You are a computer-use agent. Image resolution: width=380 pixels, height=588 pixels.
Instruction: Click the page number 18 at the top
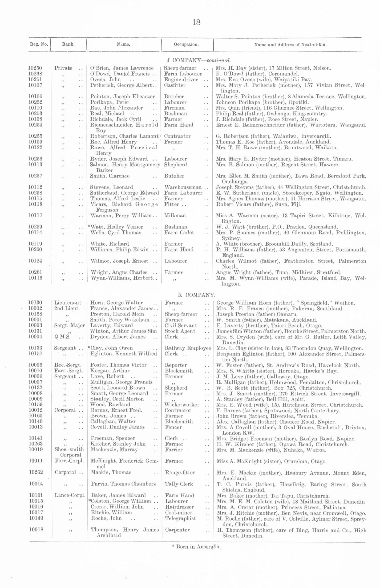[196, 22]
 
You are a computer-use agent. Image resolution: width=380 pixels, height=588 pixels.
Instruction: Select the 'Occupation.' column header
[186, 45]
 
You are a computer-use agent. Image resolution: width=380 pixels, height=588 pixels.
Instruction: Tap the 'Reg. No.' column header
[39, 45]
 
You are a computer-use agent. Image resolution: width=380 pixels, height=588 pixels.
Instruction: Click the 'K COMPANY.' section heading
[196, 295]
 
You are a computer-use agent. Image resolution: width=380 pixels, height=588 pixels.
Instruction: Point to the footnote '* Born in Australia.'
[196, 546]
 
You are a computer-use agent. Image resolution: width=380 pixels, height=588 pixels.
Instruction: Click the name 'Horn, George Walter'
[117, 303]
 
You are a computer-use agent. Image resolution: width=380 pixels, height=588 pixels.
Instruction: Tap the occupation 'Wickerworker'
[182, 405]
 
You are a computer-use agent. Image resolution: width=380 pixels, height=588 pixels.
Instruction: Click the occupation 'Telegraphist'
[180, 518]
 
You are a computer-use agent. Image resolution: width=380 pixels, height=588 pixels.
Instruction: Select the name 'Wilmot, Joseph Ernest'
[119, 261]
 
